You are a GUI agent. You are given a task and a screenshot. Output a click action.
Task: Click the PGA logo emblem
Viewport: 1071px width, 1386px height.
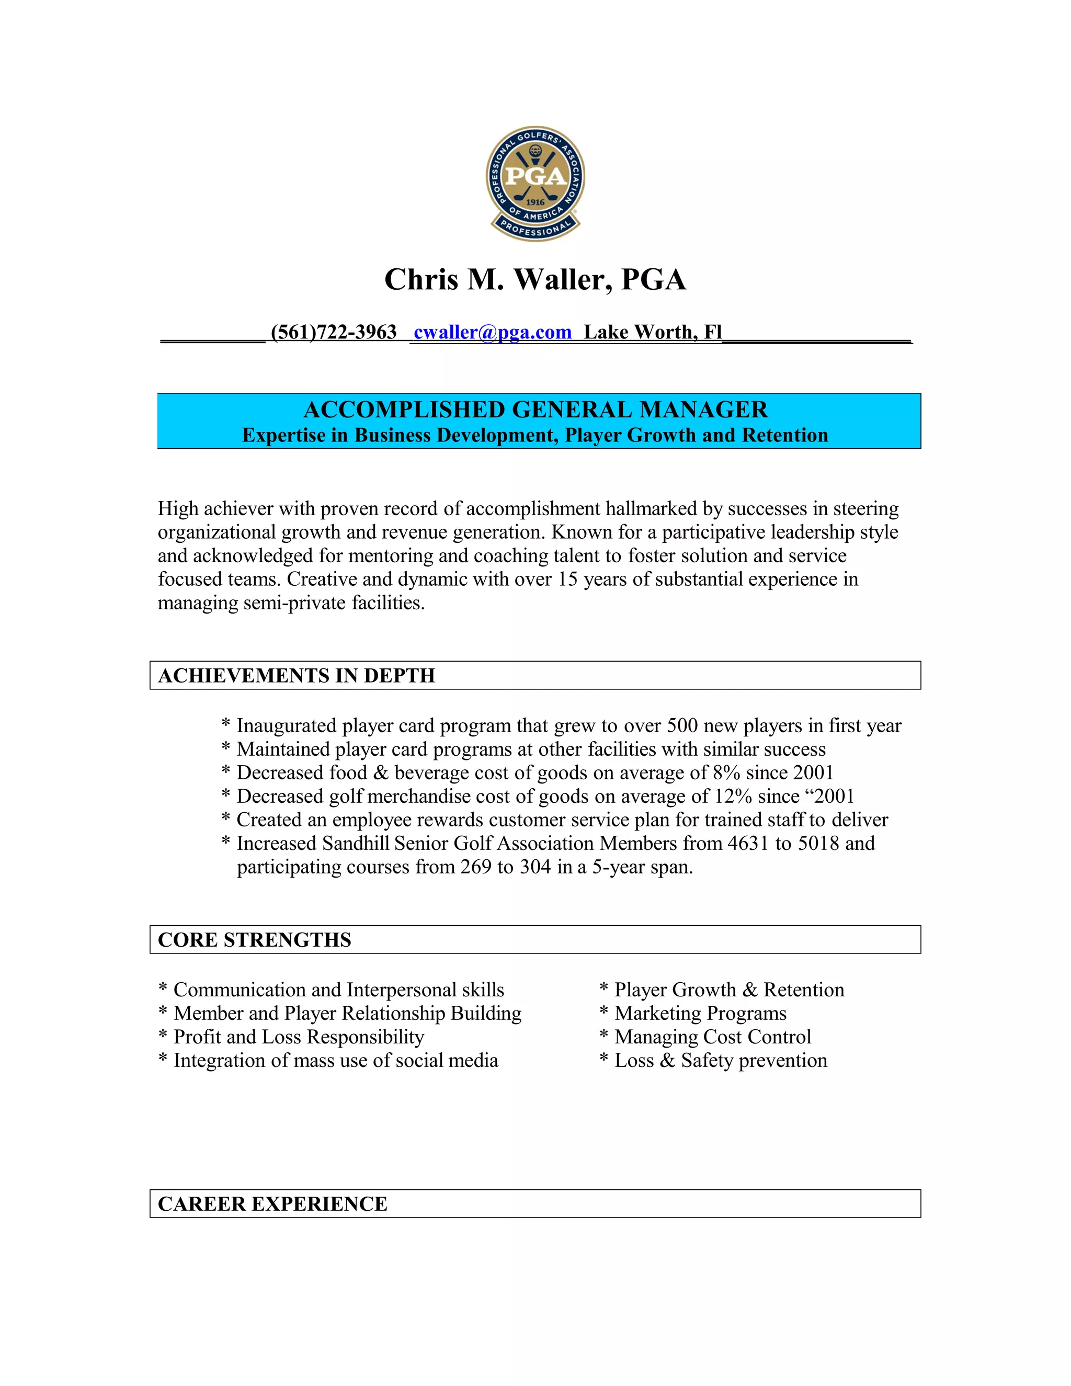click(535, 183)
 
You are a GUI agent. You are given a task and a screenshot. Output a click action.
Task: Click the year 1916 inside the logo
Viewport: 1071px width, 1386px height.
click(535, 202)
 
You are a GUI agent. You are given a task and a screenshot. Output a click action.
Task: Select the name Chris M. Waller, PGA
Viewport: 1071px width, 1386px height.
click(535, 280)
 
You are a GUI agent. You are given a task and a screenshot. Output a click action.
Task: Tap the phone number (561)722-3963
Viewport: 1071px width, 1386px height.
click(333, 332)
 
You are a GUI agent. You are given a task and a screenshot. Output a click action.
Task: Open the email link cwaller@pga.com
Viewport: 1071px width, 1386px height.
click(492, 332)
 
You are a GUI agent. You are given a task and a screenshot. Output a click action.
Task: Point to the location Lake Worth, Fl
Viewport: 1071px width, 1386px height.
click(652, 332)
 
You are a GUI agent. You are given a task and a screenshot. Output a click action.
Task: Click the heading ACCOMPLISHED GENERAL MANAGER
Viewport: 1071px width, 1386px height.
click(535, 410)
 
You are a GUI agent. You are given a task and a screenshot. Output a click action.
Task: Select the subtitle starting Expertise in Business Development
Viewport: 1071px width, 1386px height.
click(535, 435)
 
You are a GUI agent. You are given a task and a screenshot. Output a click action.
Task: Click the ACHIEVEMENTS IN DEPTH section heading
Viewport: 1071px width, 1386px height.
click(297, 675)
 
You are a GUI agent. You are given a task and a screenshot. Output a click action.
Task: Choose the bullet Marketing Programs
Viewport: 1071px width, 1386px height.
click(700, 1014)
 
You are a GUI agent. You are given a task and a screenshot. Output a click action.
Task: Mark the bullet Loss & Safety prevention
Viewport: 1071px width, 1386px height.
click(720, 1061)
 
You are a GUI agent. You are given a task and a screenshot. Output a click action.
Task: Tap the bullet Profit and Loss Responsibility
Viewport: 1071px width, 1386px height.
click(298, 1037)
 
